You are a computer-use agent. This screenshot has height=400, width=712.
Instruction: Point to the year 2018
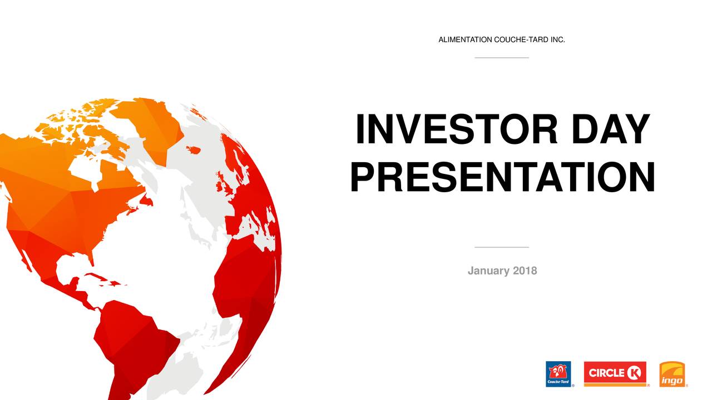[x=525, y=271]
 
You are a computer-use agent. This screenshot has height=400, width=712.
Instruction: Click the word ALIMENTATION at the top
[x=465, y=40]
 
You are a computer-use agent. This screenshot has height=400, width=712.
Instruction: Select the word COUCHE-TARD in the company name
[x=517, y=40]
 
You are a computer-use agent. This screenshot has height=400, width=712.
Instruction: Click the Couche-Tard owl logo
[x=558, y=374]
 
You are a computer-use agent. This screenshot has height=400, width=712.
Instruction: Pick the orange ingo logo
[x=672, y=374]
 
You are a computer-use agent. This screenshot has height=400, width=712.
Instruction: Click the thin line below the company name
[x=502, y=57]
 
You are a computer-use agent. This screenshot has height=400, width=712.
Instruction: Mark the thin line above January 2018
[x=502, y=247]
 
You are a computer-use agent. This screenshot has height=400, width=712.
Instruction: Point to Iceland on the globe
[x=193, y=149]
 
